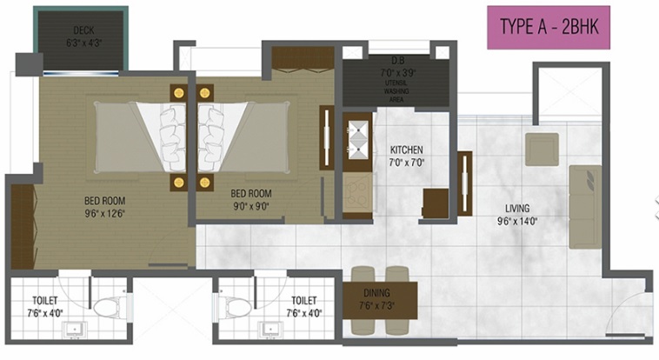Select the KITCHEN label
pyautogui.click(x=406, y=150)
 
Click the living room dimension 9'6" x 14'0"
pyautogui.click(x=519, y=221)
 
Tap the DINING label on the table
pyautogui.click(x=376, y=293)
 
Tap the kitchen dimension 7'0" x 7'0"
pyautogui.click(x=405, y=162)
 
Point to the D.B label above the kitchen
pyautogui.click(x=398, y=60)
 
